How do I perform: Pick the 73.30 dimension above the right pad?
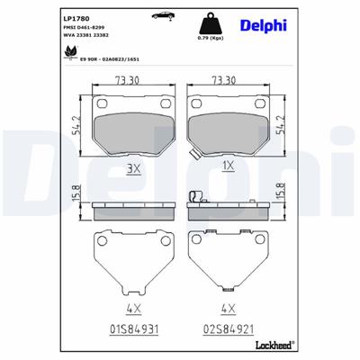pos(223,80)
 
